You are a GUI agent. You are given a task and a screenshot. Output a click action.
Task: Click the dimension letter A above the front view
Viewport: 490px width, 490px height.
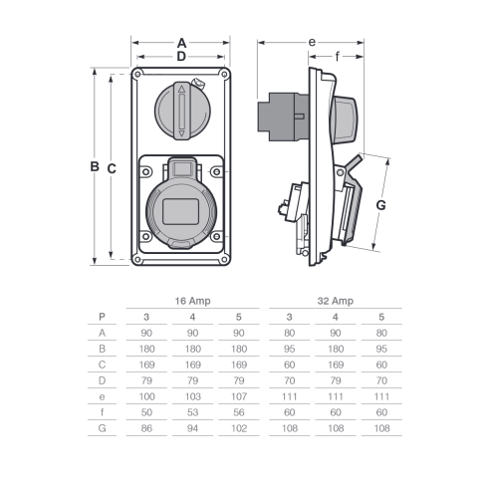click(x=181, y=43)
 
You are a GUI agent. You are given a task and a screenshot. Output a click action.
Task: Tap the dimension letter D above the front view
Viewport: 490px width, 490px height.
click(x=181, y=57)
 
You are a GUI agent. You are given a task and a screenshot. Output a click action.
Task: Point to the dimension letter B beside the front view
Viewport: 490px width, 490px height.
click(x=95, y=166)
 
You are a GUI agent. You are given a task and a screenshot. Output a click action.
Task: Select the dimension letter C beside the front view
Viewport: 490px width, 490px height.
click(x=112, y=168)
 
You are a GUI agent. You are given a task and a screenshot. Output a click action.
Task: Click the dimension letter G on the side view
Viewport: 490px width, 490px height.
click(x=380, y=205)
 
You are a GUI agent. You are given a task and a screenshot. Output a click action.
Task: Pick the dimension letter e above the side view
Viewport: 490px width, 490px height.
click(x=312, y=42)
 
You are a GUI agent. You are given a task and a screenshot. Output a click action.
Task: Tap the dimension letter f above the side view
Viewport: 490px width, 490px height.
click(x=338, y=57)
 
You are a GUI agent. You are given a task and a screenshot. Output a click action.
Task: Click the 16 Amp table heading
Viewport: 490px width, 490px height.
click(x=192, y=301)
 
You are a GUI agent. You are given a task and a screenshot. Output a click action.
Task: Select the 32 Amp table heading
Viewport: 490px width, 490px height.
click(x=336, y=301)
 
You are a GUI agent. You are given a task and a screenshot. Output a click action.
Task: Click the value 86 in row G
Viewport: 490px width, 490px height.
click(x=146, y=428)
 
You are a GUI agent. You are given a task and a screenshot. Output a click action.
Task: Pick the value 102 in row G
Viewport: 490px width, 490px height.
click(x=239, y=428)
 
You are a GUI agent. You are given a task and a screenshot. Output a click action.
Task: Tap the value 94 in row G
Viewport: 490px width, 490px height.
click(x=192, y=428)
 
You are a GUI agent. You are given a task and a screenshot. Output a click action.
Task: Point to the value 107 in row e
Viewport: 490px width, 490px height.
click(x=239, y=396)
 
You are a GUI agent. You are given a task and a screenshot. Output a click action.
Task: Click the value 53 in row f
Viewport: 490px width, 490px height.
click(x=192, y=412)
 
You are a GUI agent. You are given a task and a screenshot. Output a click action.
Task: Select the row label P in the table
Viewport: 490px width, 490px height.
click(x=102, y=317)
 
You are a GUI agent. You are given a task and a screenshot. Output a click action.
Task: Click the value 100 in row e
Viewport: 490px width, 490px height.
click(x=146, y=396)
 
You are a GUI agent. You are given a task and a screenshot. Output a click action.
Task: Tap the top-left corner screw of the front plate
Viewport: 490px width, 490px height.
click(x=137, y=74)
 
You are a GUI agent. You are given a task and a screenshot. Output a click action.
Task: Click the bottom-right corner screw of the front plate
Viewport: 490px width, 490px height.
click(x=224, y=259)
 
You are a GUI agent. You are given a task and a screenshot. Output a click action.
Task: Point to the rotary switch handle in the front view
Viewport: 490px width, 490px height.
click(x=181, y=111)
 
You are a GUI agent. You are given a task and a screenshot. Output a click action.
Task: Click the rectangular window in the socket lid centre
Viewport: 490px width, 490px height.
click(x=180, y=212)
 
